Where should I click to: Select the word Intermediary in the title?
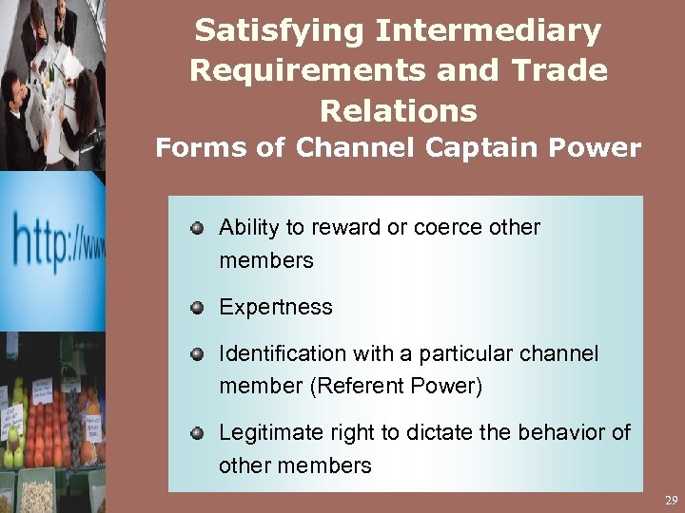(x=488, y=31)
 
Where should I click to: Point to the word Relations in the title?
(x=398, y=111)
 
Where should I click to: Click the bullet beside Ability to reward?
(x=196, y=228)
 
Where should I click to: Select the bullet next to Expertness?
(x=196, y=307)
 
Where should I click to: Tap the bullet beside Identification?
(x=196, y=354)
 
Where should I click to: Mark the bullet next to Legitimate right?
(x=196, y=433)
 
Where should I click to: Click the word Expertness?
(x=276, y=307)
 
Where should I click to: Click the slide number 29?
(x=671, y=500)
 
